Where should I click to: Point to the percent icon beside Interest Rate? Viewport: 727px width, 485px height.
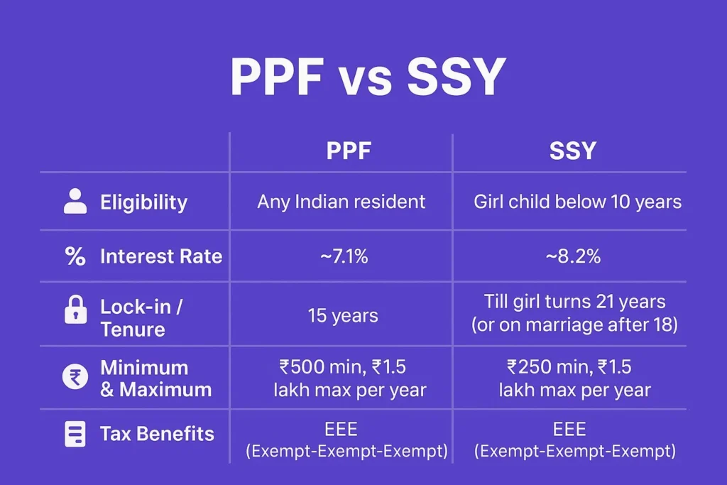pos(75,256)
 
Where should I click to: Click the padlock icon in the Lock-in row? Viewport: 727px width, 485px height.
pos(75,311)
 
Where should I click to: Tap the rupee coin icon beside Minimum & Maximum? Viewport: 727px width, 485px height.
pos(75,378)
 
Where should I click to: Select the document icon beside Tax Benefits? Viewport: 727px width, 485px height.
pos(75,434)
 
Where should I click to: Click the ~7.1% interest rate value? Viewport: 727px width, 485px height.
pos(341,256)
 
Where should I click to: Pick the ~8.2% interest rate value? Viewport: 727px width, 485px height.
pos(573,256)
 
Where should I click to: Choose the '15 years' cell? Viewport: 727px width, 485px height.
pos(341,315)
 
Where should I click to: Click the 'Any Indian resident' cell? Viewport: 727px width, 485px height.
pos(341,202)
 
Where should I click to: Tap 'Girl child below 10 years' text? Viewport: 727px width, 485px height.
pos(577,202)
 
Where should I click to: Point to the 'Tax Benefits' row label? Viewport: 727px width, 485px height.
pos(157,434)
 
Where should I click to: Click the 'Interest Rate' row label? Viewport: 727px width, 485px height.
pos(161,256)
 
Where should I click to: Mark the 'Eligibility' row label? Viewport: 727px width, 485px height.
pos(143,202)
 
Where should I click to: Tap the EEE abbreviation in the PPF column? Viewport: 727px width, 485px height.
pos(341,429)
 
